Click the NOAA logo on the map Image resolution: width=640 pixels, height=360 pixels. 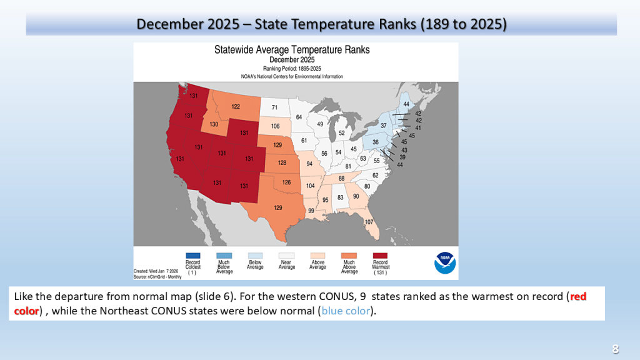tap(445, 263)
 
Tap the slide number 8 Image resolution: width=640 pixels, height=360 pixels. tap(615, 348)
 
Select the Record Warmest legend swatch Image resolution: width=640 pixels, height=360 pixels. tap(380, 256)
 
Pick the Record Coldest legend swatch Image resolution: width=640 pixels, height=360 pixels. tap(192, 256)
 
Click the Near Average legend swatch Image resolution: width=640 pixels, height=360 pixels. tap(286, 256)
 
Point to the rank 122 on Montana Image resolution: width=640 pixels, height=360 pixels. tap(236, 106)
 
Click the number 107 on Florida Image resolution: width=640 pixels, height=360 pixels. tap(369, 222)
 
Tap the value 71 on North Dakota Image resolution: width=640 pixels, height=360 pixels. tap(274, 107)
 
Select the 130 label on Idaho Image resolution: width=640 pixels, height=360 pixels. tap(214, 124)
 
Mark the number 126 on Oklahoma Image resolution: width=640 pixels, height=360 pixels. tap(286, 182)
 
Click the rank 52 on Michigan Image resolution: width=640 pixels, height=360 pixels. tap(341, 132)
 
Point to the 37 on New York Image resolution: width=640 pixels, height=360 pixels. tap(384, 126)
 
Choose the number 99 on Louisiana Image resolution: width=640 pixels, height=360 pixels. tap(311, 211)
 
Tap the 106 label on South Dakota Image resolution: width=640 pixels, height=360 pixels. tap(275, 126)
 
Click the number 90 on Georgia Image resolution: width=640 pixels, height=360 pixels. tap(356, 196)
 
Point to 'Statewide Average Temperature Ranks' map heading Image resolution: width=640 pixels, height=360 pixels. tap(292, 49)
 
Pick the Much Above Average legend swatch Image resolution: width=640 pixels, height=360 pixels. tap(349, 256)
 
